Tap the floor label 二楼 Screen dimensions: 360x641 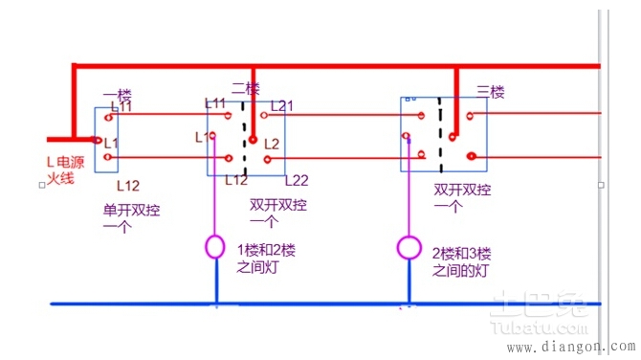tap(246, 87)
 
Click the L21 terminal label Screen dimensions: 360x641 tap(283, 105)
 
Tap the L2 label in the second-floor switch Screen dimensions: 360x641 tap(272, 144)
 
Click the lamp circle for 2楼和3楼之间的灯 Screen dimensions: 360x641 tap(409, 248)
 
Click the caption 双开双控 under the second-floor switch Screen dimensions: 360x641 tap(278, 212)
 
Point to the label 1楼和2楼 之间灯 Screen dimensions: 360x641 tap(267, 258)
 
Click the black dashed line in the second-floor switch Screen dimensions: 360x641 tap(246, 144)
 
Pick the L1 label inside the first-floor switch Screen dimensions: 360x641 tap(111, 142)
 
